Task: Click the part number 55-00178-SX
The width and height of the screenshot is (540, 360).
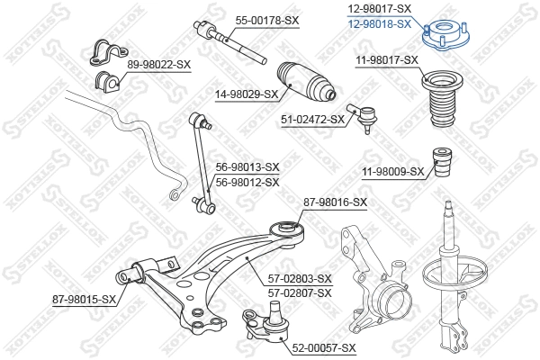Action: point(267,20)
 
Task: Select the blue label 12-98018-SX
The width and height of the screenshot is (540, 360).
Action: point(380,24)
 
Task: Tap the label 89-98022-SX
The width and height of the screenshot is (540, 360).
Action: point(159,64)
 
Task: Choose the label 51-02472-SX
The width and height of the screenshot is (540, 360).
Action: point(312,119)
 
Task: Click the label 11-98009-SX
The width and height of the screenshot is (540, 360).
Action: point(391,171)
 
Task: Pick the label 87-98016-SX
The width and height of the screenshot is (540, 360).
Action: point(336,202)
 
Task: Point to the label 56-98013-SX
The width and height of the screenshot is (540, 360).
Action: point(247,167)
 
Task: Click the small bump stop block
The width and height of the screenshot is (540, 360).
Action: point(442,159)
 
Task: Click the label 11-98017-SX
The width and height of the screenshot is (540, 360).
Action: point(386,59)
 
